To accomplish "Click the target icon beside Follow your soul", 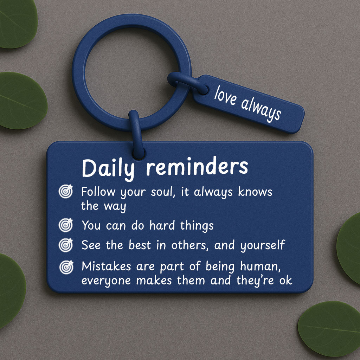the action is click(66, 191).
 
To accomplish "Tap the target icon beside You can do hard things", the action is click(66, 225).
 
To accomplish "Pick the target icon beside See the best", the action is click(66, 245).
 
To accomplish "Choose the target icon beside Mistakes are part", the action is click(66, 267).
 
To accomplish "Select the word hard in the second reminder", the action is click(162, 225).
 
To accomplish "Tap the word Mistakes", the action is click(106, 266).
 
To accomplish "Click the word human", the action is click(261, 266).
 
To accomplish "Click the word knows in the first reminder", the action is click(255, 192).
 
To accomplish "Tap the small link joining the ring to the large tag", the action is click(137, 135).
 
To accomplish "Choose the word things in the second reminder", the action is click(197, 226).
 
